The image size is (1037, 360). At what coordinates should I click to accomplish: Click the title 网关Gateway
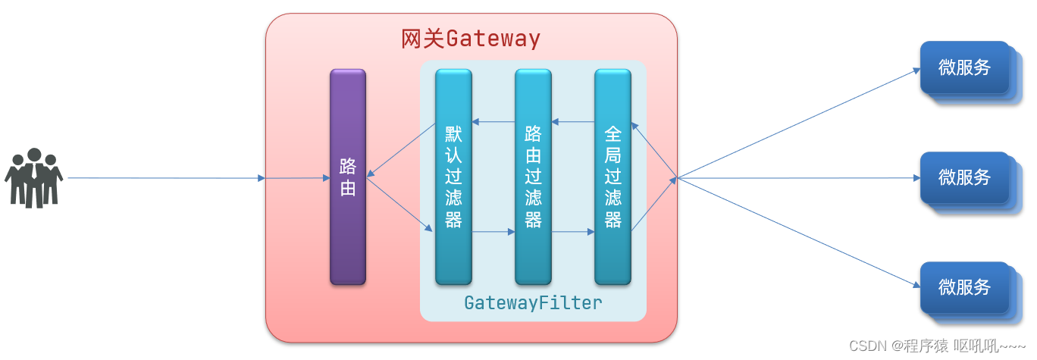(470, 38)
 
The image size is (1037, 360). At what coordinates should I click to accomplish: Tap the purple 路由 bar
(348, 177)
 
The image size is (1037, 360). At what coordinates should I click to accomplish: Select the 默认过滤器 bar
(453, 177)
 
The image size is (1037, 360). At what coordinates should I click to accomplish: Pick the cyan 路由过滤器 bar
(533, 177)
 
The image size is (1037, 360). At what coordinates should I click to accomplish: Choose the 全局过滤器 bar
(612, 177)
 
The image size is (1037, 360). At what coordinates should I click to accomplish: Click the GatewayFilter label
(533, 303)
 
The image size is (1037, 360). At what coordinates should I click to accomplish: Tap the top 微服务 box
(964, 67)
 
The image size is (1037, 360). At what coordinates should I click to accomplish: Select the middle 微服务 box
(964, 177)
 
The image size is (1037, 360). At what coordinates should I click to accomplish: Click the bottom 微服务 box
(964, 287)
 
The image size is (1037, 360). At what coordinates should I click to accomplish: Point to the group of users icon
(33, 178)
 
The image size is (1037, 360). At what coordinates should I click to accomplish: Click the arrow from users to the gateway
(167, 178)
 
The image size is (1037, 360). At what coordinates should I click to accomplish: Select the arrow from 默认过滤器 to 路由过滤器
(493, 233)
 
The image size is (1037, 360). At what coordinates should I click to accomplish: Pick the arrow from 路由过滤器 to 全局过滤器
(573, 233)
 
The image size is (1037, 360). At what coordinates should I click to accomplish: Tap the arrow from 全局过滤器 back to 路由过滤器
(573, 121)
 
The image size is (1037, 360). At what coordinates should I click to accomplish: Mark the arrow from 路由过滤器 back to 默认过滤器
(493, 121)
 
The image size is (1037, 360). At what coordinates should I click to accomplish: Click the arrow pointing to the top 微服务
(796, 125)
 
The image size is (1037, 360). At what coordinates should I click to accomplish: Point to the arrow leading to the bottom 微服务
(796, 232)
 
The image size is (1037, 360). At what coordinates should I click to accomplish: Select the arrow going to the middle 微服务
(796, 178)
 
